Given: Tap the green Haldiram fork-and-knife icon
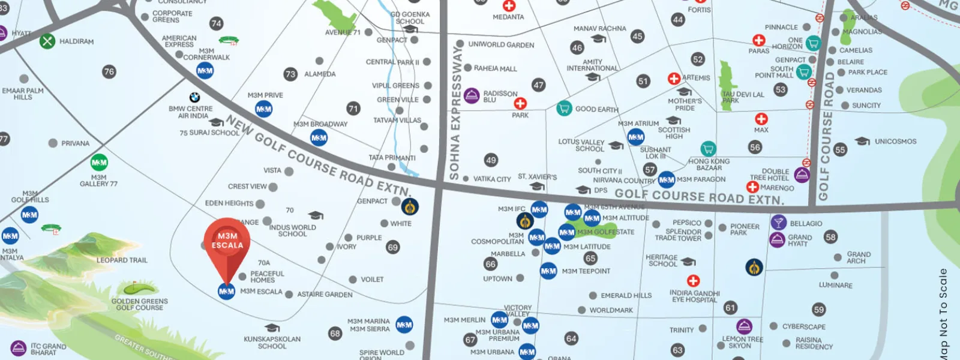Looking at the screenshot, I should tap(47, 41).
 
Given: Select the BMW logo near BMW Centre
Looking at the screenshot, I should tap(194, 97).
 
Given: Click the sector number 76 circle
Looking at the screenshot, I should tap(109, 71).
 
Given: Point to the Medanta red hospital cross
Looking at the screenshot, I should tap(509, 5).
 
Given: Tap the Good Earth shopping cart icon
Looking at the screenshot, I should tap(563, 108).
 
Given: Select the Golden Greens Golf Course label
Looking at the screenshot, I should tap(140, 304).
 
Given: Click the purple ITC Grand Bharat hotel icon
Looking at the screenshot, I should tap(19, 347).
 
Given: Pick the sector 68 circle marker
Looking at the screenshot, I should tap(335, 333).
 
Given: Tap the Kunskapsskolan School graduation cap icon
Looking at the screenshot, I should tap(272, 328).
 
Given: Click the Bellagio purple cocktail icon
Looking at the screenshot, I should tap(778, 223).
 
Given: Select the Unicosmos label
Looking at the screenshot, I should tap(895, 142).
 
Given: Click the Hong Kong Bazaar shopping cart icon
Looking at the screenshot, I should tap(708, 148).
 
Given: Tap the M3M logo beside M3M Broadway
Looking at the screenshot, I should tap(319, 138).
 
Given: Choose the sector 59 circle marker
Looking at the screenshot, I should tap(819, 310).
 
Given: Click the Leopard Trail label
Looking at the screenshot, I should tap(122, 260).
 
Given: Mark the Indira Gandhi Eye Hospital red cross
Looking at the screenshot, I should tap(693, 281).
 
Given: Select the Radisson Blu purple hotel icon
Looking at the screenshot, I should tap(472, 95).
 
